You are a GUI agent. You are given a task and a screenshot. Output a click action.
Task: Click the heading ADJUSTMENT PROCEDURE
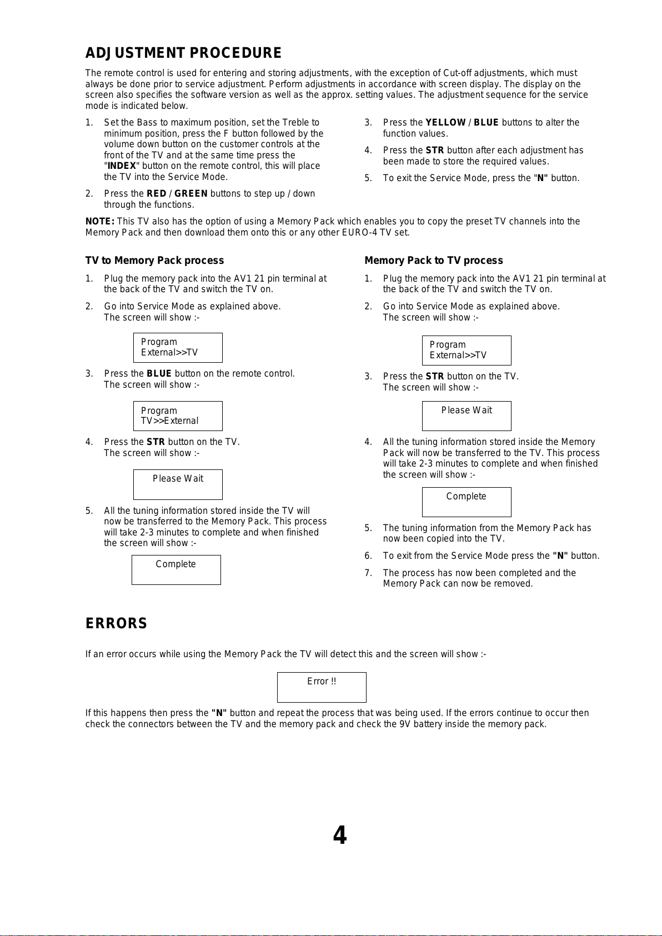[183, 53]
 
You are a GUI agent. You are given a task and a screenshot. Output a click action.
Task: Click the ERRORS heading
[116, 624]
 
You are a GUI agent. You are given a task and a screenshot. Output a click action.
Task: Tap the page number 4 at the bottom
[339, 835]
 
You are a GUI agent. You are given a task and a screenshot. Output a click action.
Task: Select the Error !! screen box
[322, 687]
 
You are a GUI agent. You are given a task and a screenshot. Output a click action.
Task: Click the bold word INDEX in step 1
[122, 166]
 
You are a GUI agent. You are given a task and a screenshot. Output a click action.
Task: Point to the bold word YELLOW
[445, 123]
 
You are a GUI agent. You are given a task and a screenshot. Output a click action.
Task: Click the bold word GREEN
[191, 194]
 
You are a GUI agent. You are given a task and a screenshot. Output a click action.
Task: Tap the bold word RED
[156, 194]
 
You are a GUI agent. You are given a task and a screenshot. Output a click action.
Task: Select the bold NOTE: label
[100, 222]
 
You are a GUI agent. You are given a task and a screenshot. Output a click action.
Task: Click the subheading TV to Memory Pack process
[154, 261]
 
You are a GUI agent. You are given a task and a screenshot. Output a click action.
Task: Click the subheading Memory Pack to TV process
[433, 261]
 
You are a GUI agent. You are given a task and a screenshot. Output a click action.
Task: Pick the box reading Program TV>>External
[178, 416]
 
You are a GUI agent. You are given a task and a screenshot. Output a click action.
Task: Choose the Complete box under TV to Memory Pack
[176, 570]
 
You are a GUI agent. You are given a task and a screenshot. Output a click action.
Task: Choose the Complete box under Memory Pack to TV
[467, 502]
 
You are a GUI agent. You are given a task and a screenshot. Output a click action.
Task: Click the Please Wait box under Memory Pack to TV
[467, 416]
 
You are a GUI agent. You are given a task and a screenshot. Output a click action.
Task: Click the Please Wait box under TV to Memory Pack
[178, 484]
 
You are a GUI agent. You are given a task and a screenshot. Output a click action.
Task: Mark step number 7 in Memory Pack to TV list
[368, 573]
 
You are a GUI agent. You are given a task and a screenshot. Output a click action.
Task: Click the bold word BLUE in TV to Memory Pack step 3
[159, 374]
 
